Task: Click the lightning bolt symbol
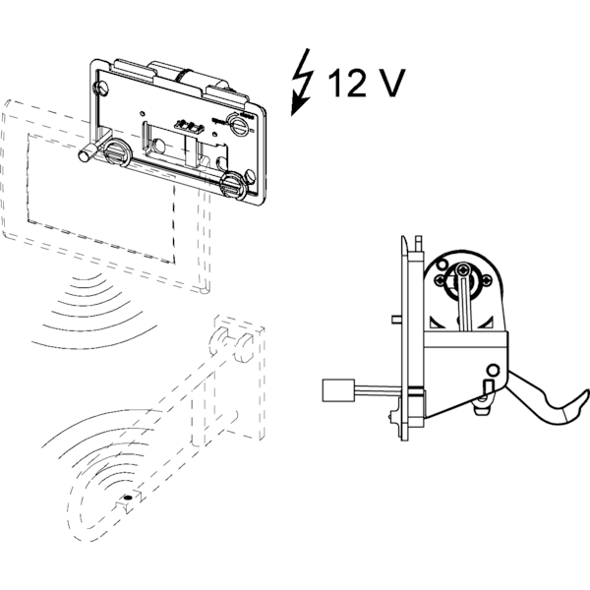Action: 303,83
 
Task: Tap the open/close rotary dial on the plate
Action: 239,124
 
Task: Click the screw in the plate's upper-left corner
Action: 102,88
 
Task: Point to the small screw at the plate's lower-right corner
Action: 250,175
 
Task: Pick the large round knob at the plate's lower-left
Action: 117,151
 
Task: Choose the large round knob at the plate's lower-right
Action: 234,185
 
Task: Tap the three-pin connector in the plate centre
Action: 189,127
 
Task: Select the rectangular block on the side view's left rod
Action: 338,390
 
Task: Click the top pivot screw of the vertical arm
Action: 463,269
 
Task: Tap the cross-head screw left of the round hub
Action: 440,280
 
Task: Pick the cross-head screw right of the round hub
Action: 487,280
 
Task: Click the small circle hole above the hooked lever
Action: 494,371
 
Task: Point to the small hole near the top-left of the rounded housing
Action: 442,265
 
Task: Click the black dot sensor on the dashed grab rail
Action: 128,498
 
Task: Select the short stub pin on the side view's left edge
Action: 396,319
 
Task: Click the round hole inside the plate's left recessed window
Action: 158,146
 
